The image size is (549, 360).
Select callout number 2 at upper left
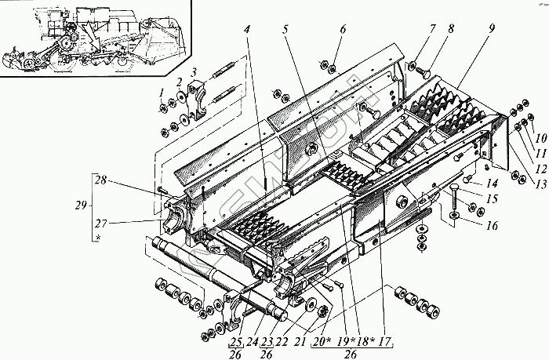(x=180, y=82)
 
